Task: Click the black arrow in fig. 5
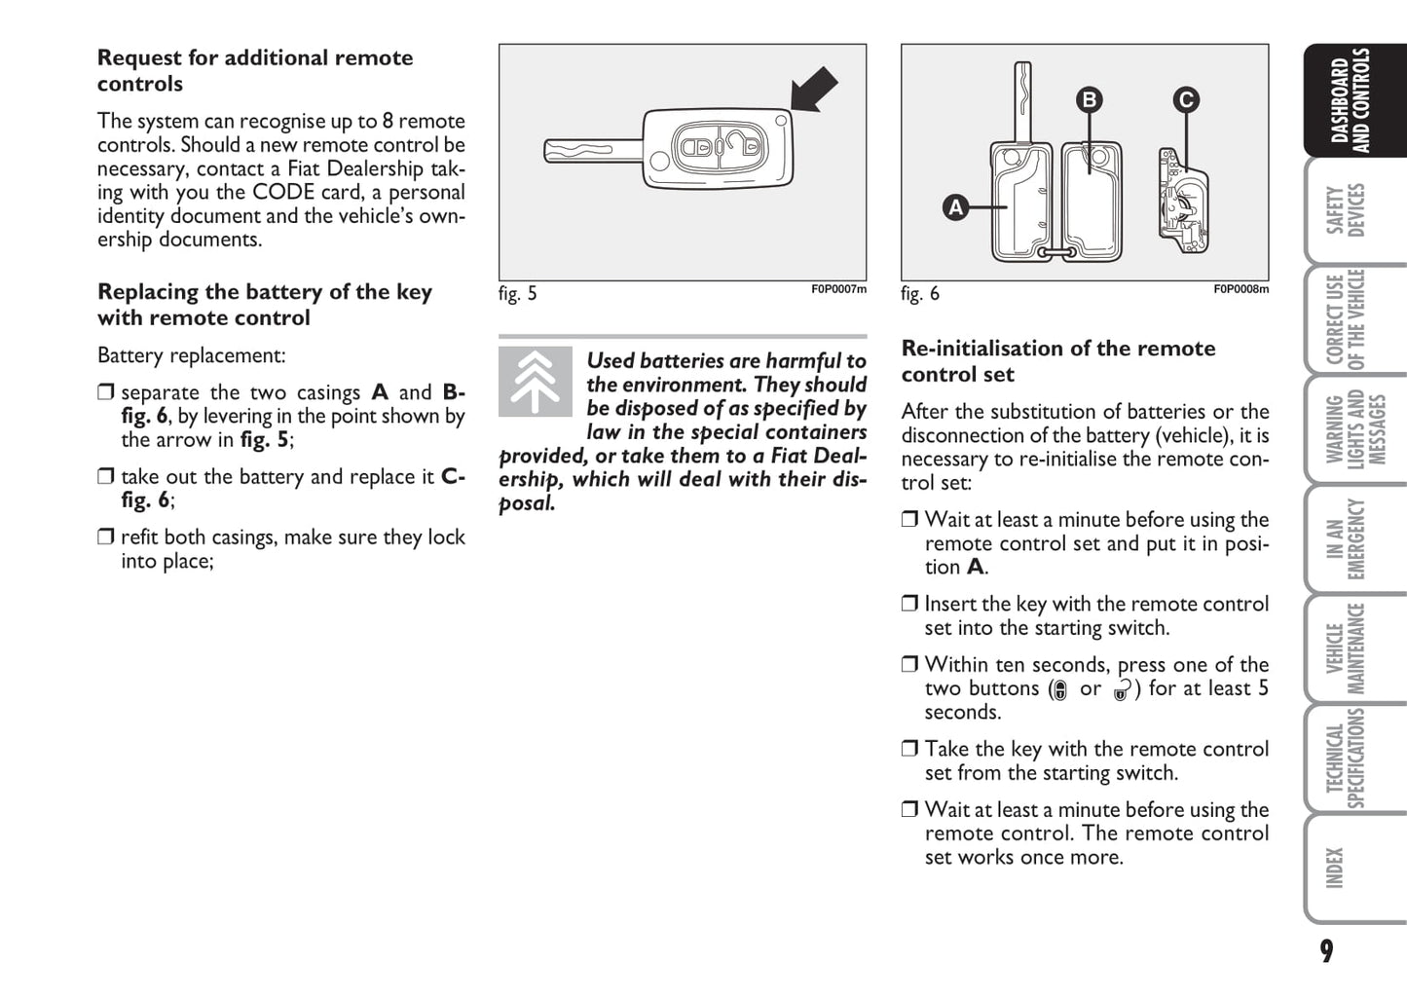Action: (x=813, y=90)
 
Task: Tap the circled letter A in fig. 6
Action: (x=956, y=207)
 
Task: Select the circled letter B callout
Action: (x=1090, y=99)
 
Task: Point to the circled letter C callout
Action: (x=1186, y=99)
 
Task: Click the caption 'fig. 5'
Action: (x=517, y=294)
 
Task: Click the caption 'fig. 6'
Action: (x=919, y=294)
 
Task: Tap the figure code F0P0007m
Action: (x=838, y=289)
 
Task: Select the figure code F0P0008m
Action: (x=1240, y=289)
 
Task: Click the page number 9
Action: (x=1326, y=951)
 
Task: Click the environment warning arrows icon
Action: (x=536, y=382)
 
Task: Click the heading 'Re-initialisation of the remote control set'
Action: (x=1057, y=361)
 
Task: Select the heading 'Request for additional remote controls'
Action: (x=255, y=70)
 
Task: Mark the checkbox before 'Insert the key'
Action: (x=909, y=604)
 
